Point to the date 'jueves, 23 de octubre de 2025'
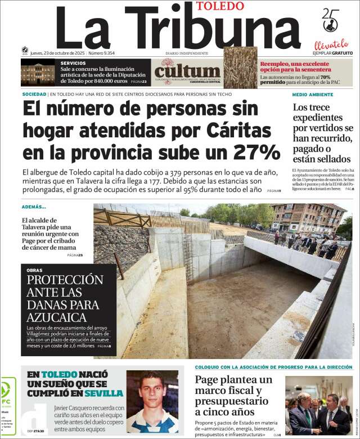click(x=57, y=53)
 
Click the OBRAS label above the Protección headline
click(x=34, y=270)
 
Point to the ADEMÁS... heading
click(x=34, y=207)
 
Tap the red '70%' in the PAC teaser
click(x=325, y=77)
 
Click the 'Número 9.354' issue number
click(x=101, y=53)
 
